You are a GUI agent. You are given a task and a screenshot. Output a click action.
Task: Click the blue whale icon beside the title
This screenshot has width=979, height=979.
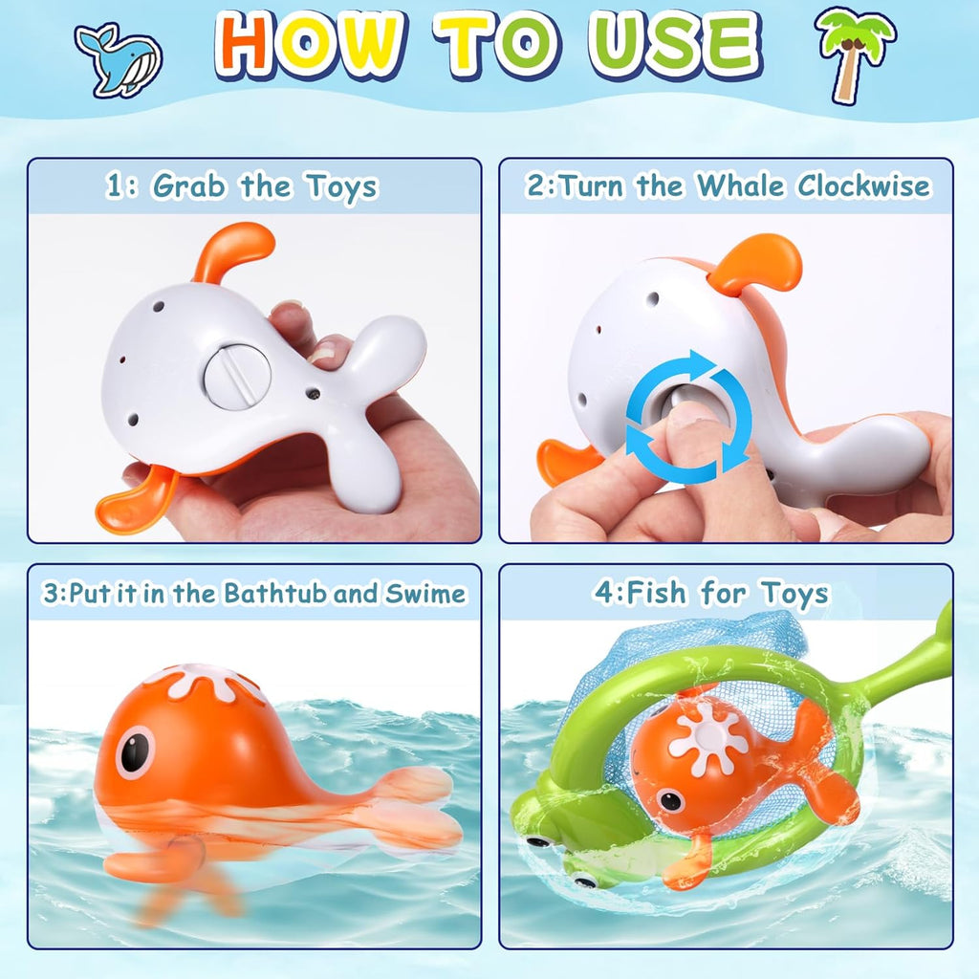point(119,59)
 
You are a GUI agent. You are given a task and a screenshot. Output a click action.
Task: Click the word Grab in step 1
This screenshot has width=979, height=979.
point(191,185)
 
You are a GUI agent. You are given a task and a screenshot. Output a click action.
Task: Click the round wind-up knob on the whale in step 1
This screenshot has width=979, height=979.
point(237,377)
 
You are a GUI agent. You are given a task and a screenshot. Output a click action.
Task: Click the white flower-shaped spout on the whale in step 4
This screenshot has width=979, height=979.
point(708,737)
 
